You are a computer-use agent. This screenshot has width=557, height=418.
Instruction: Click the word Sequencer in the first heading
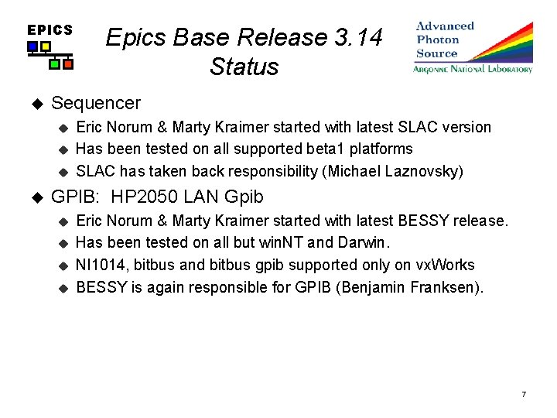[96, 103]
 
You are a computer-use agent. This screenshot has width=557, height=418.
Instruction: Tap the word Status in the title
[244, 67]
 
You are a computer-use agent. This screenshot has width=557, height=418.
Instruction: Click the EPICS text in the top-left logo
[50, 30]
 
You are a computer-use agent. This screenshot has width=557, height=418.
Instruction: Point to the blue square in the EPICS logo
[32, 46]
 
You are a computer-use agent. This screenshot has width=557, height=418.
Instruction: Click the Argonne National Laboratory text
[473, 69]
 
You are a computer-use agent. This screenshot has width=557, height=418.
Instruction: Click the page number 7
[524, 395]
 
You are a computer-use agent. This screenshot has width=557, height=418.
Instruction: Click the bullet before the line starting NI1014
[64, 266]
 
